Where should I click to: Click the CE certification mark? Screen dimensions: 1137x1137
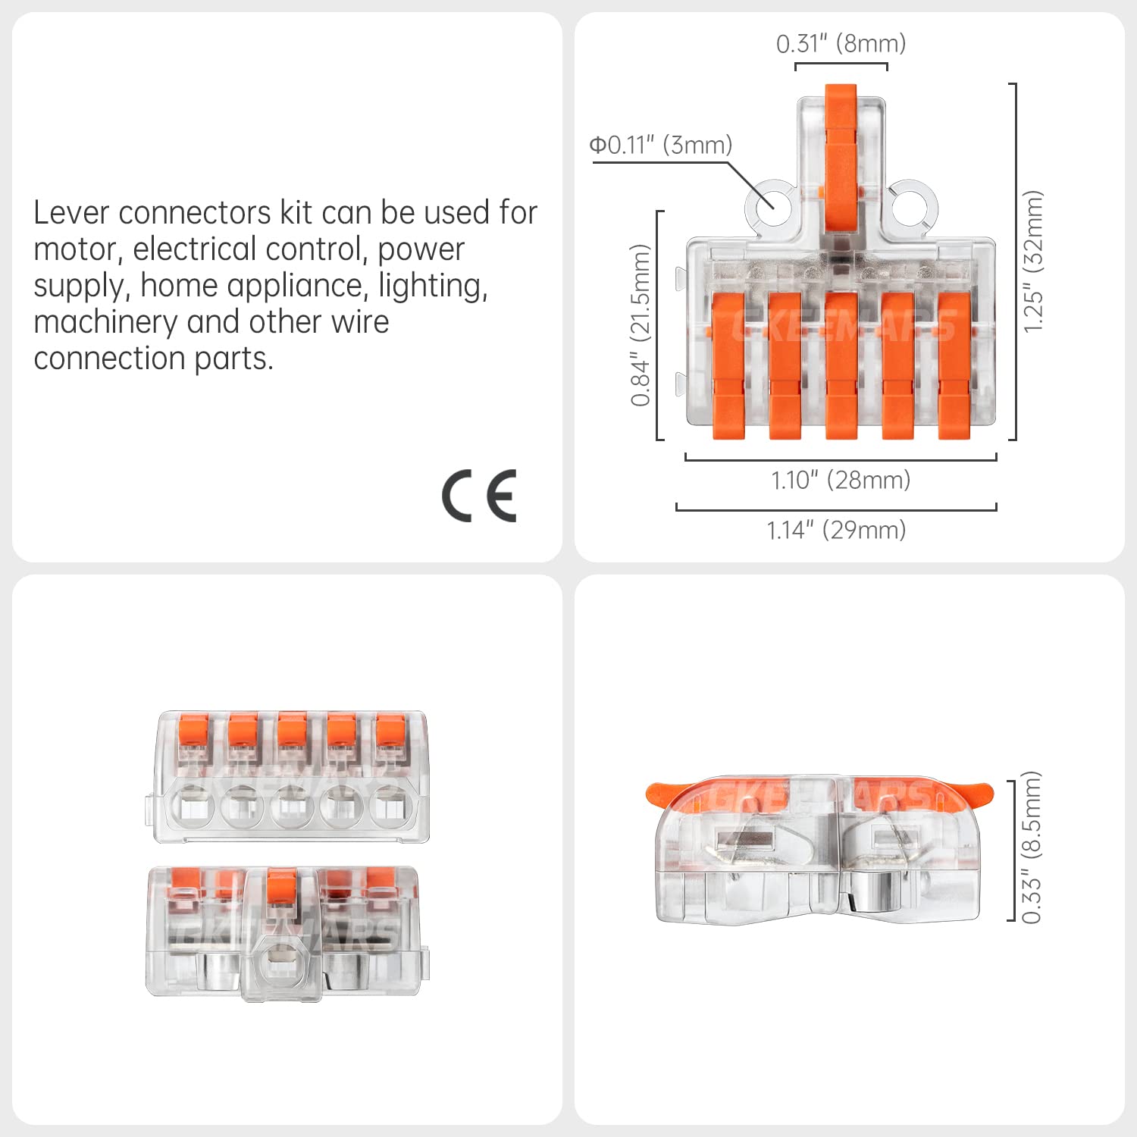pyautogui.click(x=479, y=496)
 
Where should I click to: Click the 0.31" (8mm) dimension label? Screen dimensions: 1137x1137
pyautogui.click(x=841, y=44)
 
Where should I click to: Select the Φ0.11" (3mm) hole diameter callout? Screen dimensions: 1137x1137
pyautogui.click(x=661, y=145)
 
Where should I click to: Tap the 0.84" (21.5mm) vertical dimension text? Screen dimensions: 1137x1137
pyautogui.click(x=641, y=325)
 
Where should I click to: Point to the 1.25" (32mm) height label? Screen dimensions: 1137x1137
pyautogui.click(x=1033, y=262)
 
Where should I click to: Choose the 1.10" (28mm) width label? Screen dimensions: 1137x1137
pyautogui.click(x=841, y=480)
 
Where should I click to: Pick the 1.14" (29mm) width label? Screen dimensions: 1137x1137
pyautogui.click(x=836, y=530)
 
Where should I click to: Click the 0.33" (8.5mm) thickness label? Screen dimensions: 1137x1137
pyautogui.click(x=1032, y=847)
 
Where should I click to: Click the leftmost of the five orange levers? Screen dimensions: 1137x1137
pyautogui.click(x=728, y=365)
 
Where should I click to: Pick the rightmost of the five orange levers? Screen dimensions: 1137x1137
pyautogui.click(x=954, y=365)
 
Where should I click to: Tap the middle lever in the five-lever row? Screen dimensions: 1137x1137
pyautogui.click(x=841, y=365)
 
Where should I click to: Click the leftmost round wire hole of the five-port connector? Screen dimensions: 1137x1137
pyautogui.click(x=193, y=806)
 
